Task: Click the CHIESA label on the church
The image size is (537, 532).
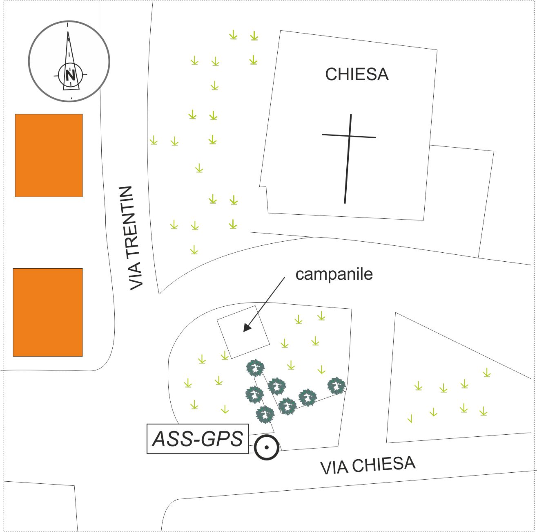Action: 357,74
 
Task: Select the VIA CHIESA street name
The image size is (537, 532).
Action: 368,466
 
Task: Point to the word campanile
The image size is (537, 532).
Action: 334,274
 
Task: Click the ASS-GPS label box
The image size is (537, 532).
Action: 198,439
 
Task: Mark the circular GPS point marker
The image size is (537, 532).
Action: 266,447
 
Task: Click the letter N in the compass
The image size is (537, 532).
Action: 70,75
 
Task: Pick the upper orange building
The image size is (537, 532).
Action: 49,155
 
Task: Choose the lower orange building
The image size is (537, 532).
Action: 48,312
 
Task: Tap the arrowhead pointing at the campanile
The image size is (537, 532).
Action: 246,328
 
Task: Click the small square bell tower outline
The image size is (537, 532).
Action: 243,332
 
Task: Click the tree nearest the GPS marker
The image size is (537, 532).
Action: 265,414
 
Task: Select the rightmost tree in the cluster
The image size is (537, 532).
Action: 336,386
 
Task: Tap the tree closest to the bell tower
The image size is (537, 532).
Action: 255,368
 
